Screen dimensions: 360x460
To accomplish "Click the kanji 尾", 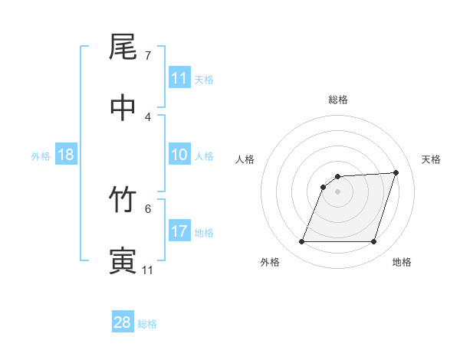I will point(123,47).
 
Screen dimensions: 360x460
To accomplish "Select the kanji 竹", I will point(123,200).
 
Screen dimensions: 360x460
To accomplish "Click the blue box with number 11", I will point(179,78).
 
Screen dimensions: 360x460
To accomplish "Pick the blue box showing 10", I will point(179,155).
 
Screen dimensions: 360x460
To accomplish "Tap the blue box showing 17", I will point(179,231).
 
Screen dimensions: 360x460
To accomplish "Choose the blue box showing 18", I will point(66,155).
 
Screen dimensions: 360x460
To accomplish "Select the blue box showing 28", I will point(123,322).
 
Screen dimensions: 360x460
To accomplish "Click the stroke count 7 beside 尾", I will point(148,56).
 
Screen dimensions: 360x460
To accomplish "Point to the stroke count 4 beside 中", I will point(148,116).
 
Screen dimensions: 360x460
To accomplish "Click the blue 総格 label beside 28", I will point(147,324).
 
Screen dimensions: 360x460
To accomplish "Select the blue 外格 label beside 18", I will point(41,156).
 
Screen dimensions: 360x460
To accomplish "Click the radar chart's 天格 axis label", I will point(431,159).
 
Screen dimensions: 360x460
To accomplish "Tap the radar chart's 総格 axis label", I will point(338,100).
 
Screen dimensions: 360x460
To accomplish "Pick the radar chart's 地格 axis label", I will point(402,262).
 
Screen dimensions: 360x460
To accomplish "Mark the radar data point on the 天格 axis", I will point(396,172).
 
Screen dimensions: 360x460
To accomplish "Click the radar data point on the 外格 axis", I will point(302,242).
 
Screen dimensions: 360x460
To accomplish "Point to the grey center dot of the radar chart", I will point(338,191).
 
